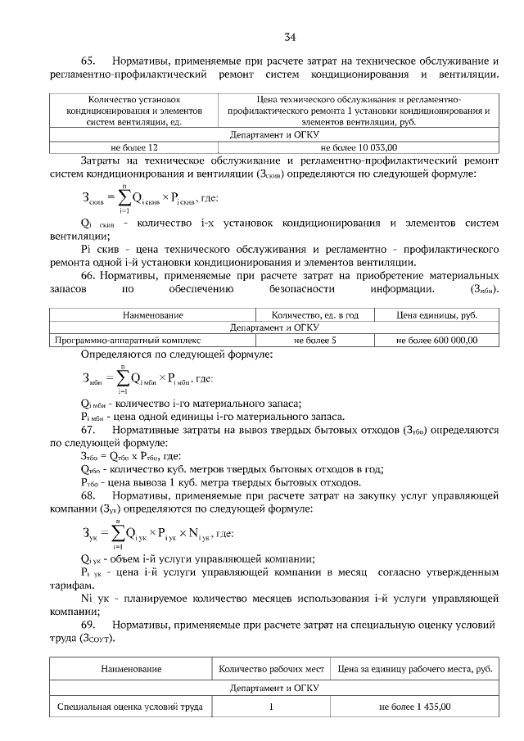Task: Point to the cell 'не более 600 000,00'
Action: pyautogui.click(x=436, y=339)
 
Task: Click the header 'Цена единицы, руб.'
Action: pyautogui.click(x=436, y=314)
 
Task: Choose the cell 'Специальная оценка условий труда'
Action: pyautogui.click(x=130, y=707)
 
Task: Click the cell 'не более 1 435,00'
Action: pyautogui.click(x=414, y=707)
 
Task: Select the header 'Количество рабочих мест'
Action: pyautogui.click(x=273, y=669)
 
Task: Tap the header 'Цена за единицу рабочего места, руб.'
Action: pyautogui.click(x=414, y=669)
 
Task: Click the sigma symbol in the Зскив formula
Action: pyautogui.click(x=123, y=199)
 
